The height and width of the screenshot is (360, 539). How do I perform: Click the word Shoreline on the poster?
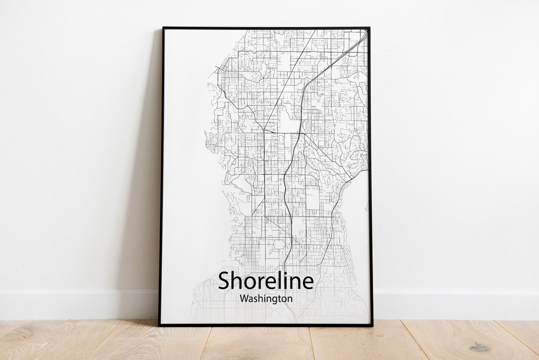pos(266,281)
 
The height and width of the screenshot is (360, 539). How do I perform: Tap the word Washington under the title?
pos(266,299)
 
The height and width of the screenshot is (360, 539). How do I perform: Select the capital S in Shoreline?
pos(224,281)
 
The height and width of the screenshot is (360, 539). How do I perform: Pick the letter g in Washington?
pos(272,300)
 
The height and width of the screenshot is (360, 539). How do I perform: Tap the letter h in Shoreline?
pos(236,281)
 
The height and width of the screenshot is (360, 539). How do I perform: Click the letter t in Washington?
pos(277,299)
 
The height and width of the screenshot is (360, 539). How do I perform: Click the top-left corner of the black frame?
pos(163,28)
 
